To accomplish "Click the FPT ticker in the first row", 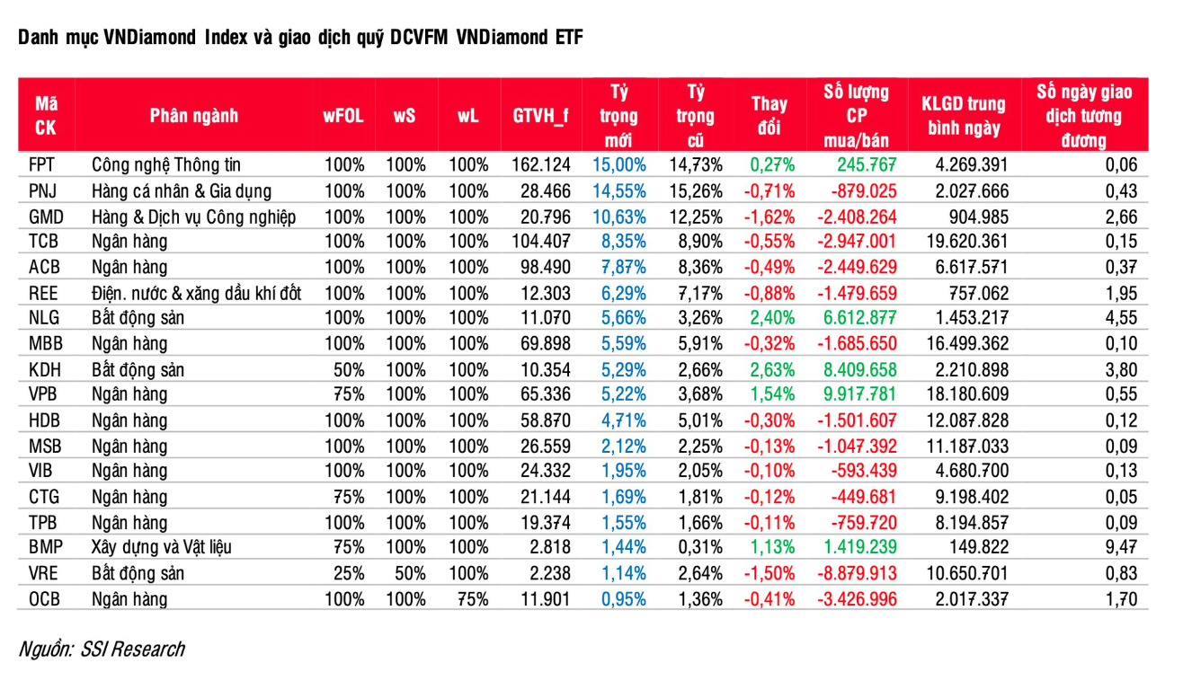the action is coord(41,165).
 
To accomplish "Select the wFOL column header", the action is coord(343,116).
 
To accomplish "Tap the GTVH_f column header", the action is coord(540,116).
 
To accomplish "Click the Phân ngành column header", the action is coord(193,116).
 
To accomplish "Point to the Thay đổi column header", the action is coord(769,116).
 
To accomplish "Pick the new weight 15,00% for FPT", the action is coord(619,165).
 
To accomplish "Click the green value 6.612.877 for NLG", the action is coord(860,318).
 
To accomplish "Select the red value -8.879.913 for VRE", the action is coord(858,573).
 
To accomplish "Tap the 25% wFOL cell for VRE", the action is coord(349,573).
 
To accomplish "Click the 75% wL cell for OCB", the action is coord(473,599).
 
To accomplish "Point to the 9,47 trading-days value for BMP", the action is coord(1121,547).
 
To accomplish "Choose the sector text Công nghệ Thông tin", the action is coord(166,165).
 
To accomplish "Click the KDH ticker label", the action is coord(45,370).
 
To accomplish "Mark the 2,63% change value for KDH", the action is coord(772,370).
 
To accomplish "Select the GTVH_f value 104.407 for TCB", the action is coord(540,242).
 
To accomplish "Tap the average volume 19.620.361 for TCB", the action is coord(967,242).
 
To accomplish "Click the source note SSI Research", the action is coord(132,650).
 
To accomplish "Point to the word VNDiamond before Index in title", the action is coord(150,37).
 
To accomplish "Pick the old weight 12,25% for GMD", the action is coord(696,217).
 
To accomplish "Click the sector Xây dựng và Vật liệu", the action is coord(162,547).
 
